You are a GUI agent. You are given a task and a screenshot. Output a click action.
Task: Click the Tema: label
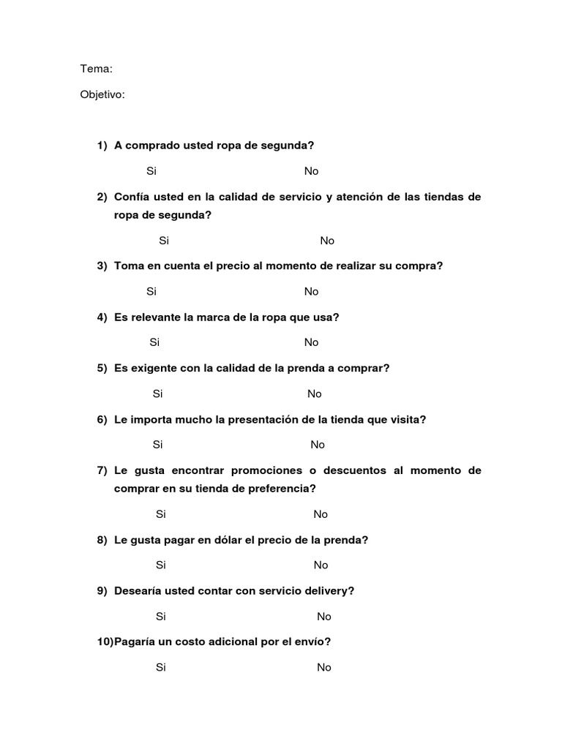(96, 69)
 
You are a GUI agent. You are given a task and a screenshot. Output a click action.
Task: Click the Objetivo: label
(102, 94)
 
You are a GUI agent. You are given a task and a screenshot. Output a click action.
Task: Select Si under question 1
(151, 171)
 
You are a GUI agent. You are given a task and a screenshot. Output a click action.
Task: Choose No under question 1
(312, 171)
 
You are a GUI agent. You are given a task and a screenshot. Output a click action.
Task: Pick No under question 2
(327, 241)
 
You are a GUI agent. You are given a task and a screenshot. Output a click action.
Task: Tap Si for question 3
(151, 291)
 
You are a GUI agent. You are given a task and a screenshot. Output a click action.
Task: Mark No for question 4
(312, 342)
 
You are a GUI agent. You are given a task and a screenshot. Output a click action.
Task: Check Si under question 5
(158, 394)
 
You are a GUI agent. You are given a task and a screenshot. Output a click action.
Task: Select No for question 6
(318, 445)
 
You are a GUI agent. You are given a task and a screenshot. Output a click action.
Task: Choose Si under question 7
(161, 514)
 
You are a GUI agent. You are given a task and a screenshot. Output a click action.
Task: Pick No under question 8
(321, 565)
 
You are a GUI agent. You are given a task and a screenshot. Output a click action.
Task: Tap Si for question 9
(161, 616)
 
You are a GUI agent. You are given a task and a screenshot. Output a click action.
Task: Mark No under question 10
(324, 667)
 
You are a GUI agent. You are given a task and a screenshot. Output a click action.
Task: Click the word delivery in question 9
(329, 591)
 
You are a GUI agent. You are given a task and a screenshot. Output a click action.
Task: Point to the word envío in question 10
(313, 641)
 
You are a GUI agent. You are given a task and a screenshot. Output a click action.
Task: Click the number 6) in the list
(102, 420)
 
